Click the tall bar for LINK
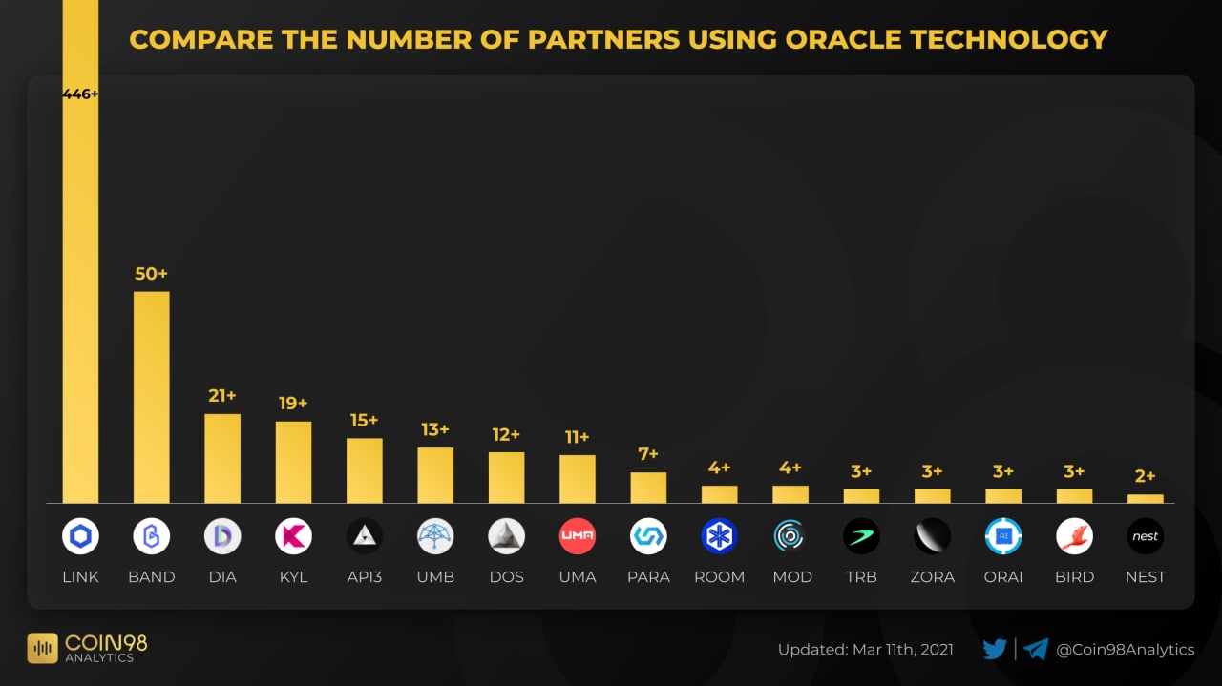(x=80, y=286)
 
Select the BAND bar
(x=151, y=396)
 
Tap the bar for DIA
(x=222, y=458)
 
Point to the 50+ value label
(x=151, y=274)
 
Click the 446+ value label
(x=80, y=94)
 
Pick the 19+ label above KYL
(x=293, y=404)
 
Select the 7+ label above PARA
(x=648, y=454)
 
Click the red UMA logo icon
(x=577, y=536)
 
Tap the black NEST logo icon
(x=1145, y=536)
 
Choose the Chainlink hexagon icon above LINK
(x=80, y=536)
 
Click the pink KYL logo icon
(x=293, y=536)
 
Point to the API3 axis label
(x=364, y=577)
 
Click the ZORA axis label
(x=932, y=577)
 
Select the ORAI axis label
(x=1002, y=577)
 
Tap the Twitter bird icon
(x=995, y=650)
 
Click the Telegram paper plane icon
(x=1036, y=650)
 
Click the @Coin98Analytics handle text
(x=1125, y=650)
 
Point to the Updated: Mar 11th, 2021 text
(x=865, y=650)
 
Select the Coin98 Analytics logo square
(x=43, y=649)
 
